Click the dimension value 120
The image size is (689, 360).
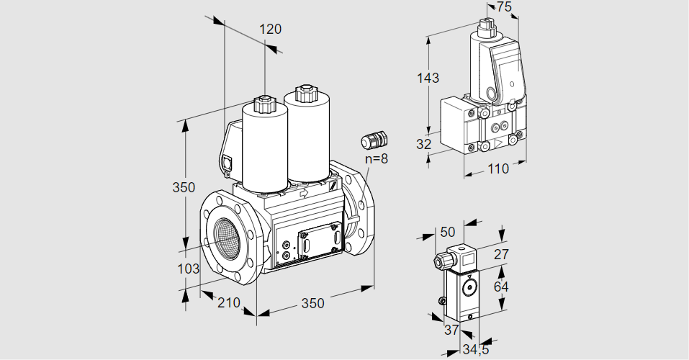(270, 30)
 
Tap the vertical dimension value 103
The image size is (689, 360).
(188, 269)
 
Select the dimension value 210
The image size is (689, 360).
(228, 303)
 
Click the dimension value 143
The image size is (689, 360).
(428, 78)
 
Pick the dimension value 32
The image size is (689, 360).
(423, 144)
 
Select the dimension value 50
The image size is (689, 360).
(448, 232)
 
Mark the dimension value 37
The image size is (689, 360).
(451, 330)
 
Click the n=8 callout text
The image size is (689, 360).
(375, 158)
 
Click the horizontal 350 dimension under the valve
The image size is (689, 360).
(312, 303)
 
